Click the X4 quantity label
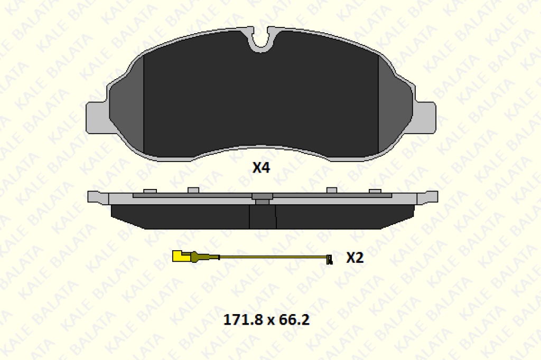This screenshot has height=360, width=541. point(261,167)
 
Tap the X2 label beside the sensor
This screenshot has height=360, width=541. point(355,258)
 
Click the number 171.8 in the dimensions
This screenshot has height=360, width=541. point(242,320)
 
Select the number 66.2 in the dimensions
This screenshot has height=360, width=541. point(294,320)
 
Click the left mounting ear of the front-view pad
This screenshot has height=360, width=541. point(97,117)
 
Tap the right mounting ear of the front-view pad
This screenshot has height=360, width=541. point(425,117)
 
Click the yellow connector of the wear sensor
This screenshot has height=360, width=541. point(181,256)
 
